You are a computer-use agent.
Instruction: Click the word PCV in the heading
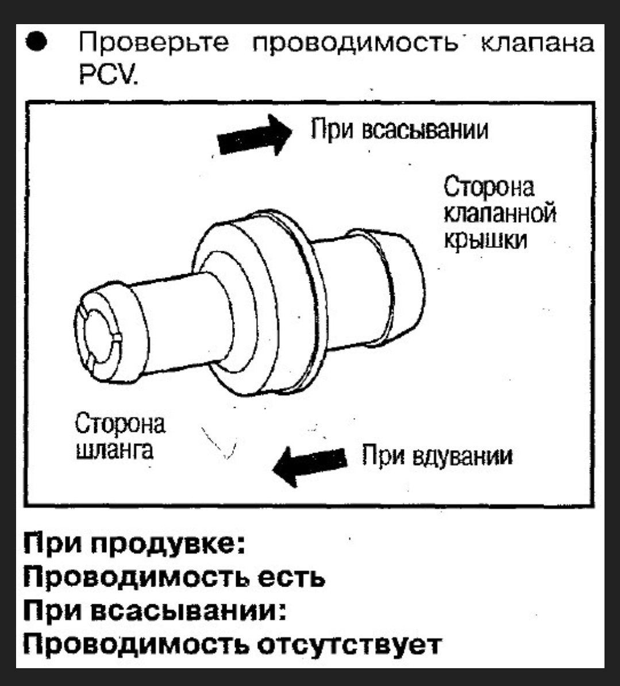tap(108, 76)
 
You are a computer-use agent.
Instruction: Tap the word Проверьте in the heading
tap(154, 44)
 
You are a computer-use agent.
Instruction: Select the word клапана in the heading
tap(537, 43)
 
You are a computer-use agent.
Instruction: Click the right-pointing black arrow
tap(255, 135)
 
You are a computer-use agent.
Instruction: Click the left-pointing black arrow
tap(310, 466)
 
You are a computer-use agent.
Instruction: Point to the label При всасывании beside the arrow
tap(399, 129)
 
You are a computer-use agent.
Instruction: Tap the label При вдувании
tap(437, 457)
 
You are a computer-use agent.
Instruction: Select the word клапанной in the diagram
tap(500, 214)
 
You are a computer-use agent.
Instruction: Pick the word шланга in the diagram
tap(114, 449)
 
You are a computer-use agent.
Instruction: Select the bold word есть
tap(291, 578)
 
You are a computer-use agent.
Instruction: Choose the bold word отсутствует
tap(349, 644)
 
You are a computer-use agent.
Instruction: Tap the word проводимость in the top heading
tap(355, 44)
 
